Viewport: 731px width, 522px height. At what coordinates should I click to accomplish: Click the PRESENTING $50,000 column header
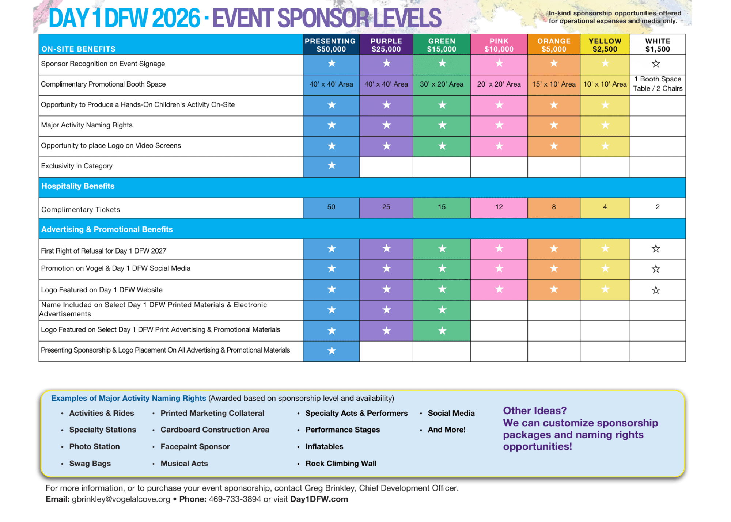(331, 45)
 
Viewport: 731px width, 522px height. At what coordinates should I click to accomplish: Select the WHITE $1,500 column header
(657, 45)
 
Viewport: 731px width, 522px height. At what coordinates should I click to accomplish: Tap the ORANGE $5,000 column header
(553, 45)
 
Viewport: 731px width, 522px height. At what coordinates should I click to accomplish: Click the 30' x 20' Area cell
(441, 84)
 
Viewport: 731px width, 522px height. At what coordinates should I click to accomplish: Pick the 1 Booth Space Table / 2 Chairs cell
(657, 84)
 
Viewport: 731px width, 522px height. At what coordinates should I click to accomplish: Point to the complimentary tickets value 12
(499, 207)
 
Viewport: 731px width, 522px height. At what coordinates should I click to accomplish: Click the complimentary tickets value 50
(331, 207)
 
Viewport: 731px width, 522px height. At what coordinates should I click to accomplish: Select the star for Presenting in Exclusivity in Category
(331, 165)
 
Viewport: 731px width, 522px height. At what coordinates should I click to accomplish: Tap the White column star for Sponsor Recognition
(656, 64)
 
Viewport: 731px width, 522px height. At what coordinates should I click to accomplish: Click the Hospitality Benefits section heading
(78, 186)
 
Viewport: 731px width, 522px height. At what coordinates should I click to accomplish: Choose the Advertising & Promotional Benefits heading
(107, 229)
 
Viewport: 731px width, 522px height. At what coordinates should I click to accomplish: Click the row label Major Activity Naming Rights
(87, 125)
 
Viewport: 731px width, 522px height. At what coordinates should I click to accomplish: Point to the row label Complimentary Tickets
(80, 210)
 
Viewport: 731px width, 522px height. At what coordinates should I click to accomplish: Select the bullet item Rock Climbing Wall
(341, 464)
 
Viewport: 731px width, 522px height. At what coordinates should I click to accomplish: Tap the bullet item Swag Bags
(90, 464)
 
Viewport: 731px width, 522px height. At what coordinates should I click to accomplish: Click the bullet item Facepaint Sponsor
(195, 447)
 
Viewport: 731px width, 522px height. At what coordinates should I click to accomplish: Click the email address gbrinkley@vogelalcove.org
(121, 499)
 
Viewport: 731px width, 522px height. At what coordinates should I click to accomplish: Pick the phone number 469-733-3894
(235, 499)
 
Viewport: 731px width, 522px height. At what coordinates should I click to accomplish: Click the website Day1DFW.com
(319, 499)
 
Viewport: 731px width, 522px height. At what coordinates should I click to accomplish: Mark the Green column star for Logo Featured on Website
(442, 290)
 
